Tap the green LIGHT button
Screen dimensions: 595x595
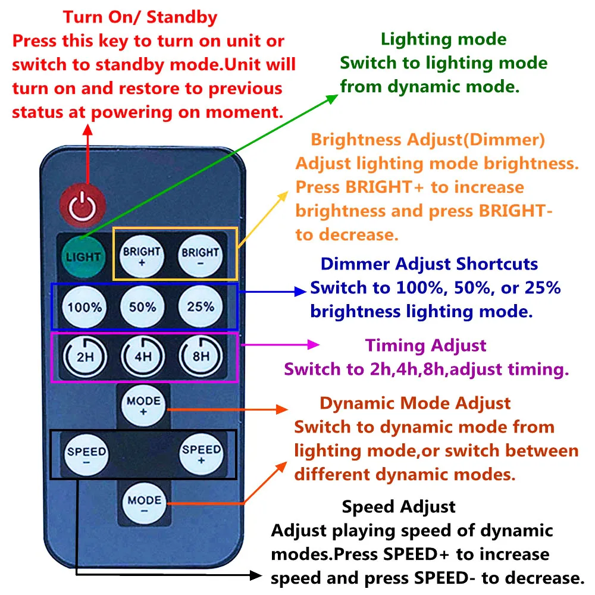(84, 257)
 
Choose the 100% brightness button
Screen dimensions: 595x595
(85, 307)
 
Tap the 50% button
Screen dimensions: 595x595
(143, 307)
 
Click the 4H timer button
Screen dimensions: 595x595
(143, 358)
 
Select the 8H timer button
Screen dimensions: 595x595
(201, 357)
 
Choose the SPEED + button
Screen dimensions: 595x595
(201, 455)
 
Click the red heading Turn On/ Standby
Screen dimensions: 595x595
(140, 17)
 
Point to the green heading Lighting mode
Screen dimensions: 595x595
(444, 40)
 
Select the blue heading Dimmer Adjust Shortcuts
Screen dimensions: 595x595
(430, 264)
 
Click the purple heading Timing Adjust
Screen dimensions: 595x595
(426, 345)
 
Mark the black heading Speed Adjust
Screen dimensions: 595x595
(399, 507)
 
